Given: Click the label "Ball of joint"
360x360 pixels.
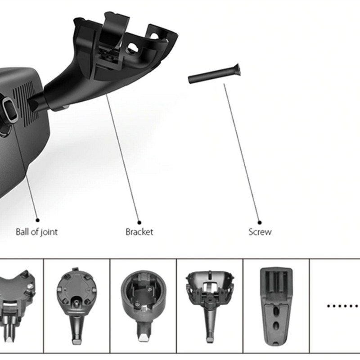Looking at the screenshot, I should (x=36, y=232).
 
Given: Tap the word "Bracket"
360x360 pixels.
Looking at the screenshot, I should (x=139, y=232).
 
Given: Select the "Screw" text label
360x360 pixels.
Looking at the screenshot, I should (x=260, y=232).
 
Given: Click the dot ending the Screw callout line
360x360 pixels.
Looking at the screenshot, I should (x=260, y=221).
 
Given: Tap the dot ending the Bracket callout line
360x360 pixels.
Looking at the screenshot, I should (x=139, y=221).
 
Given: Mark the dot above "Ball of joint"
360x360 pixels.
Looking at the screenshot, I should (x=37, y=220).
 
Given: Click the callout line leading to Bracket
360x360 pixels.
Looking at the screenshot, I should (x=122, y=157).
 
